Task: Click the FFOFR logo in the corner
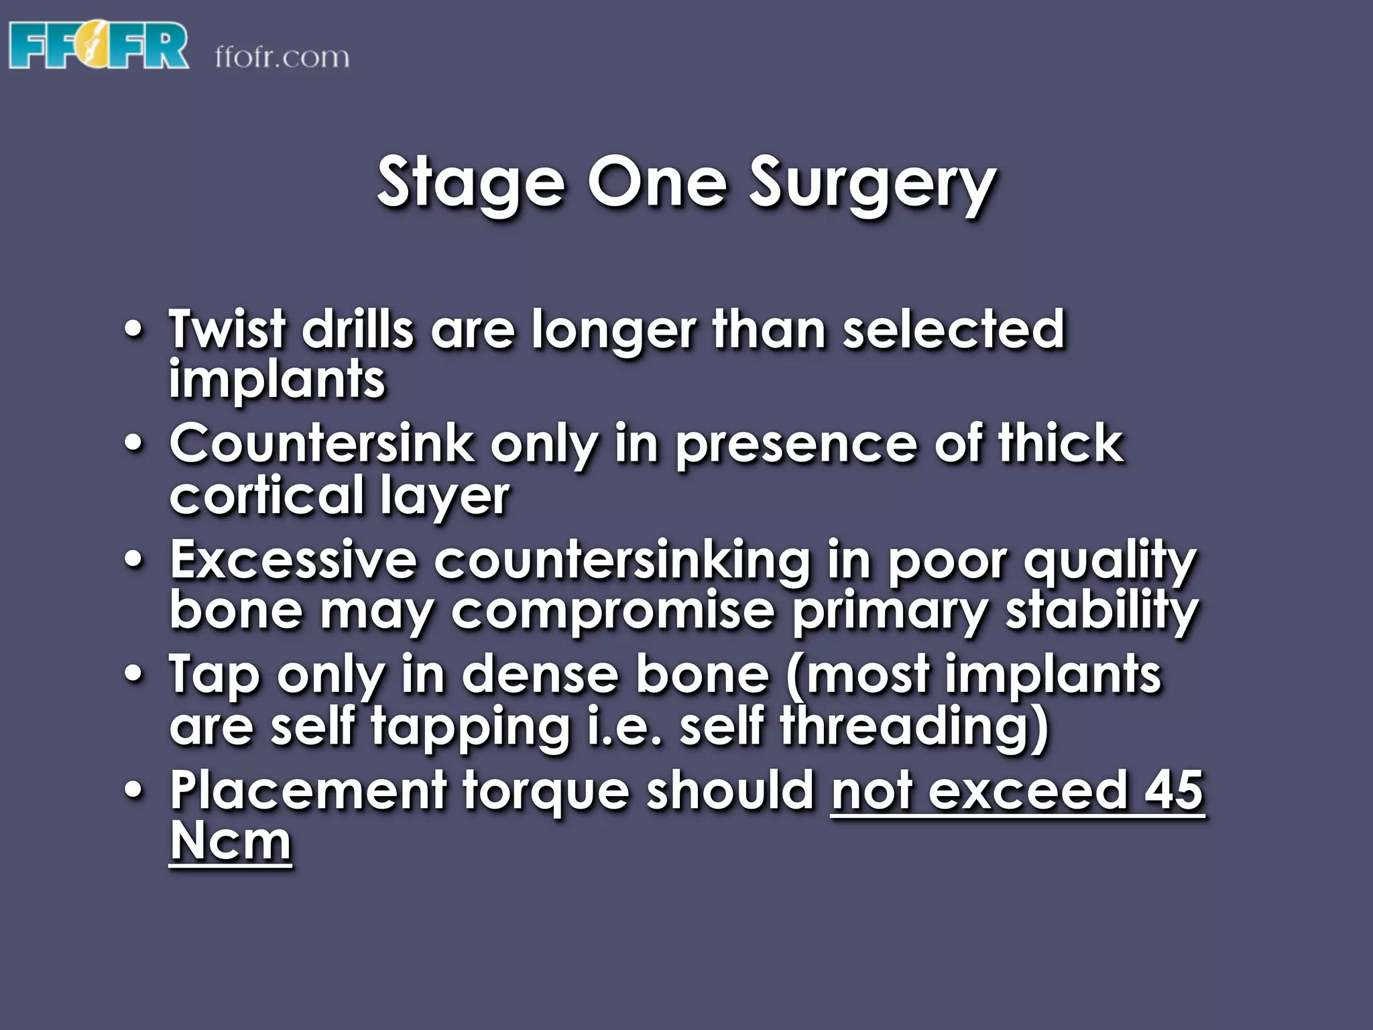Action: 99,45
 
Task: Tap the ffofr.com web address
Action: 282,57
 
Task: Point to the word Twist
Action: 227,329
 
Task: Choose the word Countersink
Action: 321,444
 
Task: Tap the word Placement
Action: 308,791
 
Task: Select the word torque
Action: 546,792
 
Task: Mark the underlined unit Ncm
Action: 231,841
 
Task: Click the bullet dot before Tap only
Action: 134,675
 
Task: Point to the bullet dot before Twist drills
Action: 134,330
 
